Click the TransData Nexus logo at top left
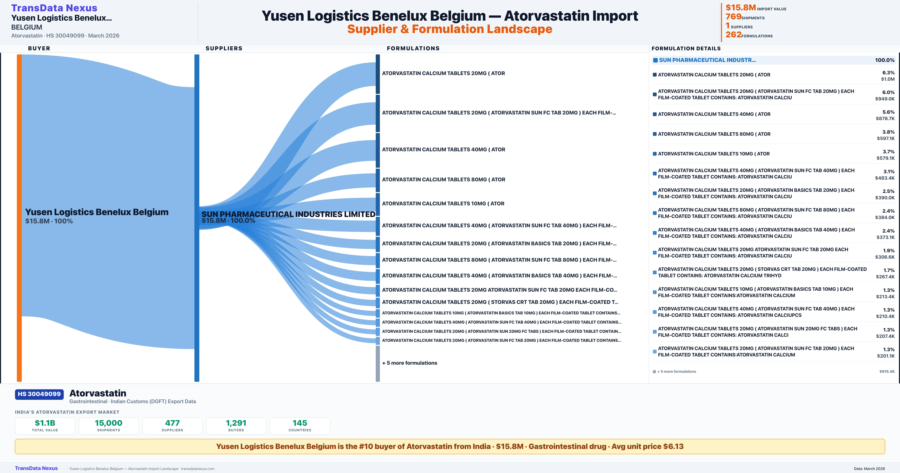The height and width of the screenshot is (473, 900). coord(54,8)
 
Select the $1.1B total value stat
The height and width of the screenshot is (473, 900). coord(45,423)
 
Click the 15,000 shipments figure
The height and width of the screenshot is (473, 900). coord(109,423)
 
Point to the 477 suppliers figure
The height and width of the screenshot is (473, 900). coord(172,423)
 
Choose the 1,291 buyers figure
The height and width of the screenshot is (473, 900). coord(236,423)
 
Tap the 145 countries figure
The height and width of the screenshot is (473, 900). coord(300,423)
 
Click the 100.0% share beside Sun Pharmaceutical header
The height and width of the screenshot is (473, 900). coord(885,60)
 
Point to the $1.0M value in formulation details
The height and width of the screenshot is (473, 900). coord(888,79)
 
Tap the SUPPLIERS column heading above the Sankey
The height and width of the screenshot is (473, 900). coord(224,48)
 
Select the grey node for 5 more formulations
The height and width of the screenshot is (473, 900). coord(378,364)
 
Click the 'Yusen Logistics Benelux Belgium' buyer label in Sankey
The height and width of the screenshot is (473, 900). coord(97,212)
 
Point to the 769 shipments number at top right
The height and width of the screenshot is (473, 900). coord(733,17)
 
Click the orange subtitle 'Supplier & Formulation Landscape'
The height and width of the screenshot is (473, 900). coord(450,29)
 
